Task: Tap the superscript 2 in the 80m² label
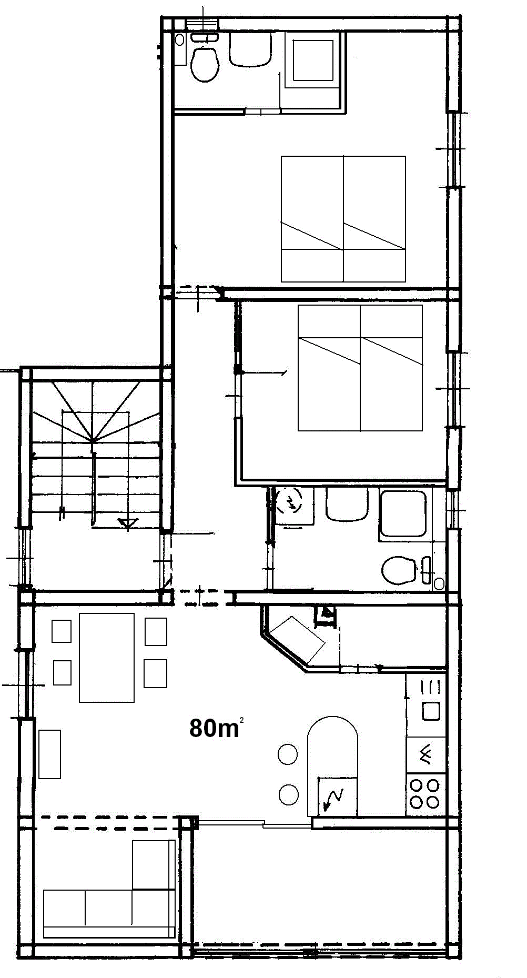241,720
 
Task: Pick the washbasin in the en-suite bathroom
250,49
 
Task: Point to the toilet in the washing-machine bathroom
398,570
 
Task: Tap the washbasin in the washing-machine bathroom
347,505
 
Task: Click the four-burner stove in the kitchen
425,793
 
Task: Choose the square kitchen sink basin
431,711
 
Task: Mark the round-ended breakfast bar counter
332,765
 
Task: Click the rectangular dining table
107,658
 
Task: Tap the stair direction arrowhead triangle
128,524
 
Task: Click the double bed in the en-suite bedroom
343,219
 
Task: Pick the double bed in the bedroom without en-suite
360,368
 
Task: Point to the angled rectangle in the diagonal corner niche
298,639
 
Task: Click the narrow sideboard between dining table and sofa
50,754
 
